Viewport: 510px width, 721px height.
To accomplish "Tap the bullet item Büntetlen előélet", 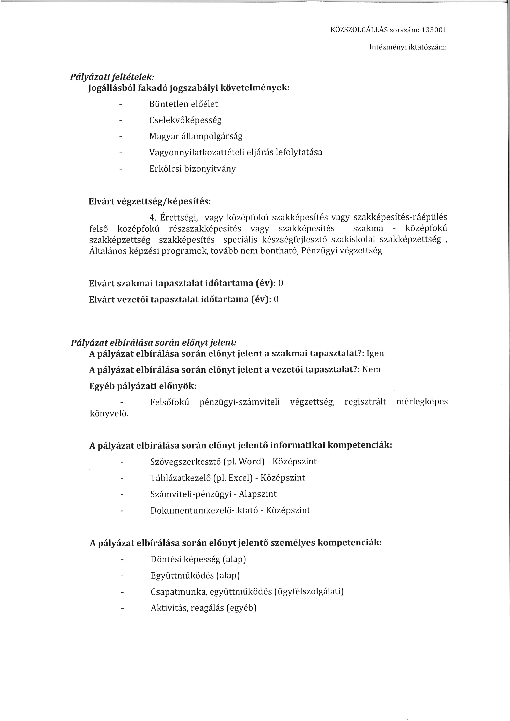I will pos(183,104).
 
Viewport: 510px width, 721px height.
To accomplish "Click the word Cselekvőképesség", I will pos(185,120).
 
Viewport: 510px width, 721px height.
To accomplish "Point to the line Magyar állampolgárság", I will pos(196,137).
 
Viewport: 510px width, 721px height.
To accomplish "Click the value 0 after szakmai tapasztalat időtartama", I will pos(281,283).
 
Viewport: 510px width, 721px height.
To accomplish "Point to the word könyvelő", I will pos(109,414).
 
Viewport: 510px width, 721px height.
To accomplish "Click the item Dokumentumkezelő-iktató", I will pos(204,510).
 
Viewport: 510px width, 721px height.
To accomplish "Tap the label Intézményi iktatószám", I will pos(408,47).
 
